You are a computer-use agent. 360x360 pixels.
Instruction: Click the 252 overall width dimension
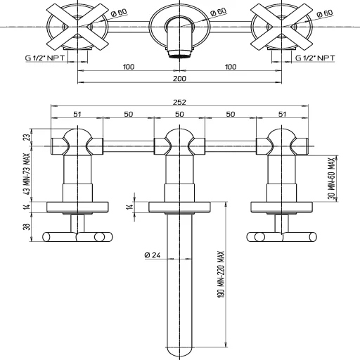pyautogui.click(x=179, y=101)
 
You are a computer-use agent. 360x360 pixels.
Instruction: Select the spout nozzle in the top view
pyautogui.click(x=179, y=53)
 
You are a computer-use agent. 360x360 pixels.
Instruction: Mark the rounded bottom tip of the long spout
pyautogui.click(x=180, y=352)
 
